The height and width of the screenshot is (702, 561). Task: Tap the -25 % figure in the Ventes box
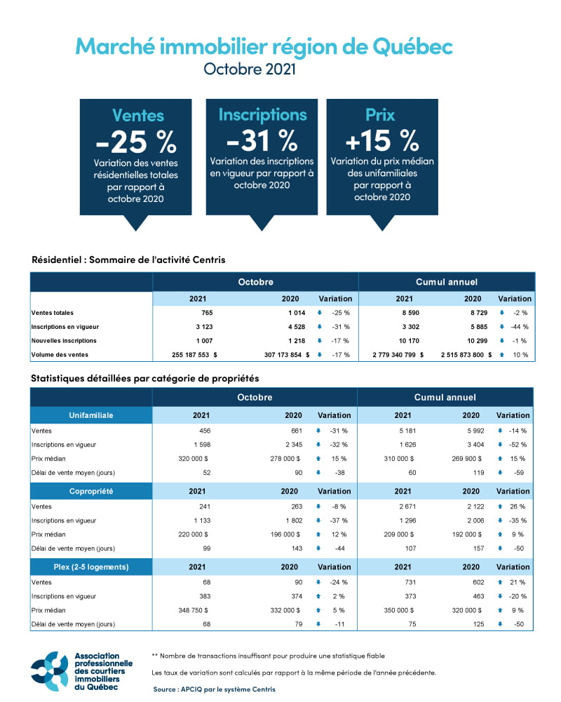point(135,142)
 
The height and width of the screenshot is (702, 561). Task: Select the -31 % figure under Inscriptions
point(262,140)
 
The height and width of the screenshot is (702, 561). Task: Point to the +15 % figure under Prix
point(381,140)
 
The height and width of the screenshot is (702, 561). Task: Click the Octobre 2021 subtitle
point(250,69)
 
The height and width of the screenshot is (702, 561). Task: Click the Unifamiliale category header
point(91,415)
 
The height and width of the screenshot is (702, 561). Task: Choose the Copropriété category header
point(91,491)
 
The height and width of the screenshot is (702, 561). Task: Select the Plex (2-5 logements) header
point(91,567)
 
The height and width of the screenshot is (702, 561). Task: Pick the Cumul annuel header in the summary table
point(447,282)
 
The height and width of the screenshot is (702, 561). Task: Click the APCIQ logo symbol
point(49,670)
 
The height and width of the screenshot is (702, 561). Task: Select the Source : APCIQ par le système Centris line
point(215,689)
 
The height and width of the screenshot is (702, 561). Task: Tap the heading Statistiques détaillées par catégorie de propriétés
point(145,378)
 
